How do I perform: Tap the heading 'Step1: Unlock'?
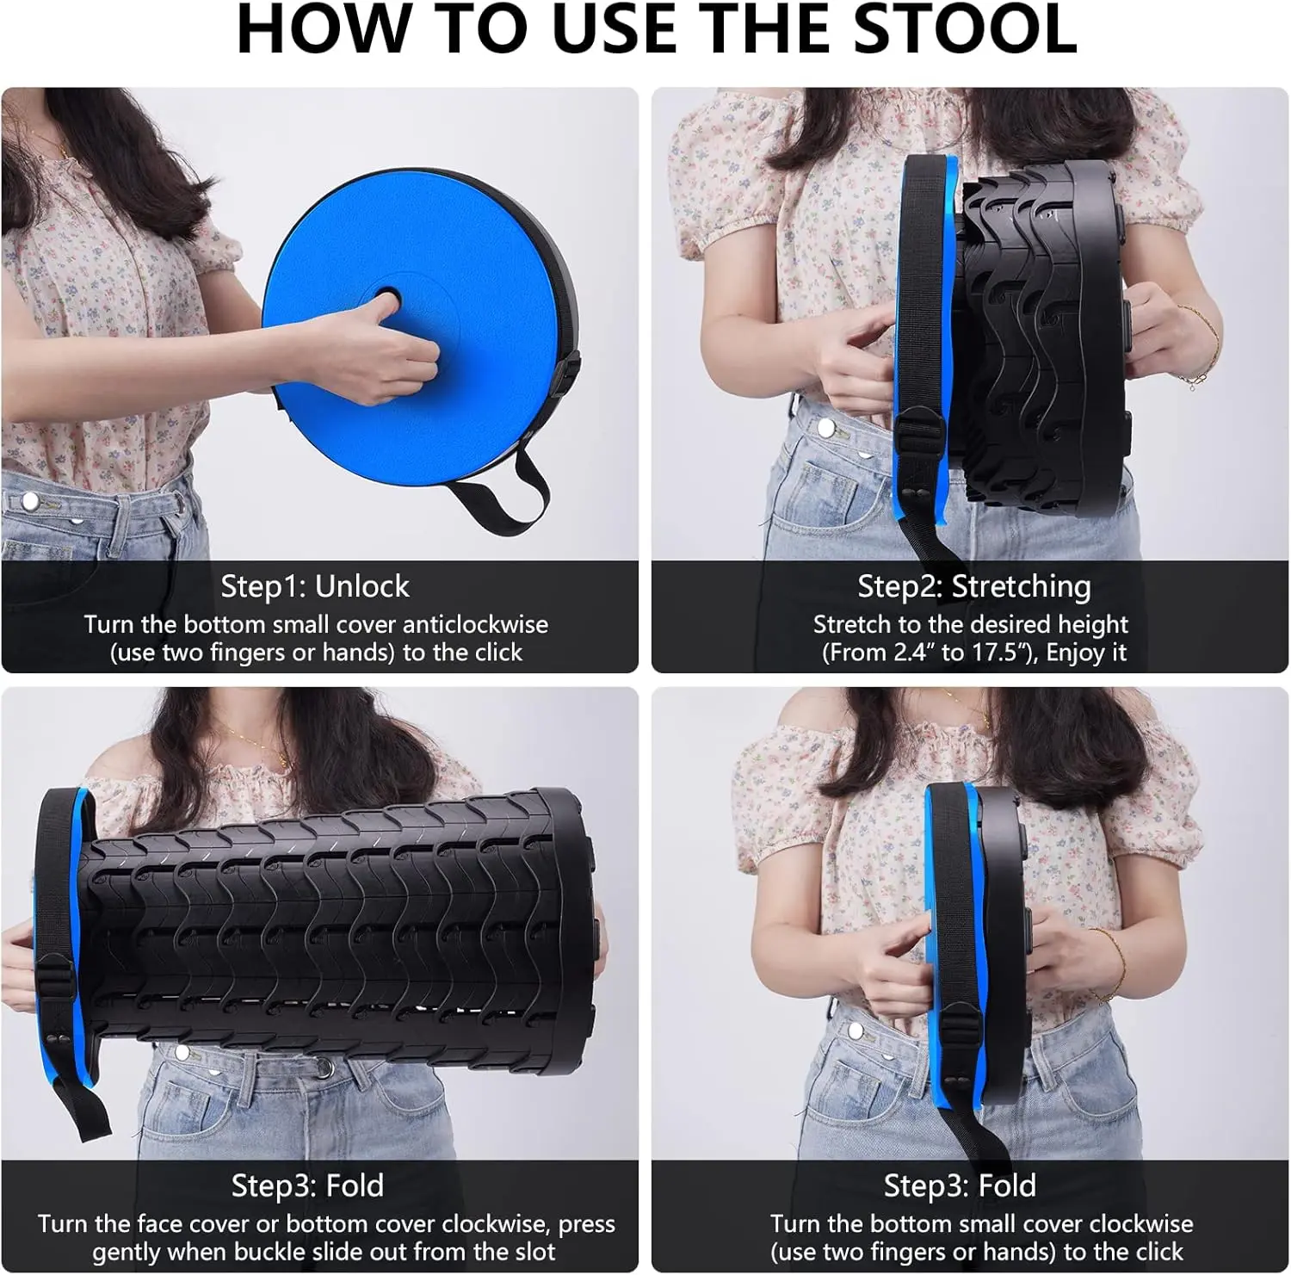[x=315, y=586]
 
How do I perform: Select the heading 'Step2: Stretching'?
[x=974, y=586]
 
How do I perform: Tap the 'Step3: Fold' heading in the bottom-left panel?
[x=307, y=1185]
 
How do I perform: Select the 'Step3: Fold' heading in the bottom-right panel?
[x=960, y=1185]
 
